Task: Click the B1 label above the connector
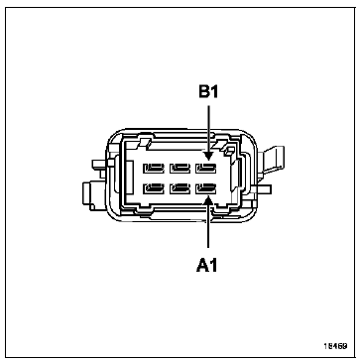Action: pyautogui.click(x=208, y=92)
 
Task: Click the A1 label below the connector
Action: pyautogui.click(x=207, y=265)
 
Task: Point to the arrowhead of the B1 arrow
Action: pyautogui.click(x=208, y=155)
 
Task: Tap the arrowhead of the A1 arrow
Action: pyautogui.click(x=208, y=199)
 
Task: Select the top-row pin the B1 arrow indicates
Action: pyautogui.click(x=206, y=169)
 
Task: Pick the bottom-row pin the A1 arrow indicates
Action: pyautogui.click(x=206, y=188)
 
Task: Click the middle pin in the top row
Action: pyautogui.click(x=180, y=169)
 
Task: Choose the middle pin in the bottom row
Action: pyautogui.click(x=180, y=188)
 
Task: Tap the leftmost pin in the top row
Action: pyautogui.click(x=154, y=169)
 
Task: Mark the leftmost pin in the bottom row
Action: pyautogui.click(x=154, y=188)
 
